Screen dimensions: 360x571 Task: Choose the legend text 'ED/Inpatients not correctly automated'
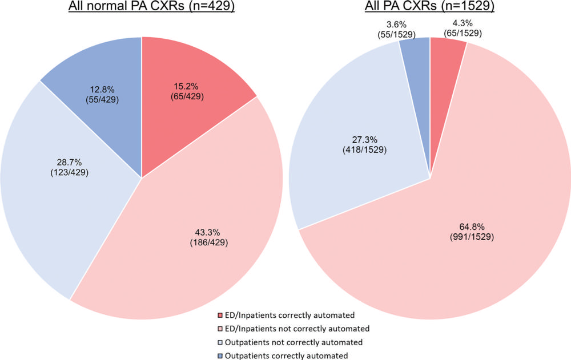pos(295,329)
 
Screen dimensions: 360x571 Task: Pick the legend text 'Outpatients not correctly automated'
pos(290,342)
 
